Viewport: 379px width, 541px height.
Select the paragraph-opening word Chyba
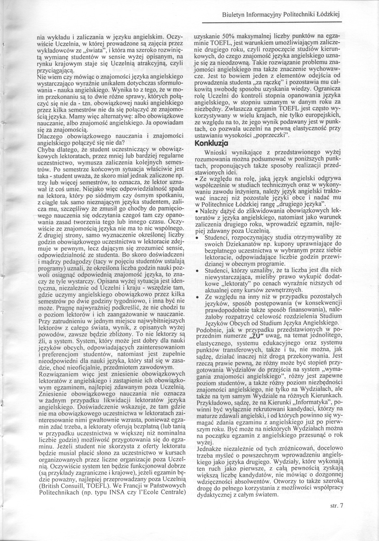46,148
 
